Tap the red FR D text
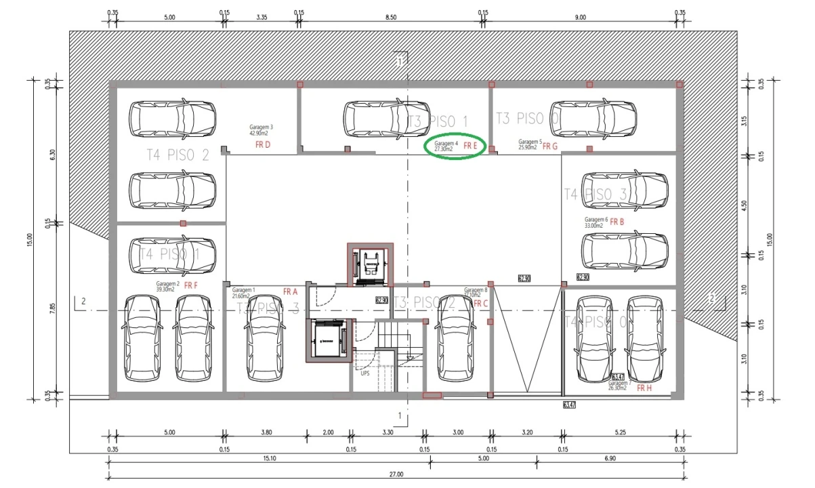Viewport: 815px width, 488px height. pos(262,145)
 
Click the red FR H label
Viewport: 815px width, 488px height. pos(644,388)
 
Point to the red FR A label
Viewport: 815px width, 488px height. pos(290,291)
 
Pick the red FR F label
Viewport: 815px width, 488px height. pos(190,285)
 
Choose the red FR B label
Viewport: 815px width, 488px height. pos(617,222)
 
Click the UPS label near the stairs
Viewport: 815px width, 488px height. pos(364,373)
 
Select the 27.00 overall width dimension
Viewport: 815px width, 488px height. pos(396,474)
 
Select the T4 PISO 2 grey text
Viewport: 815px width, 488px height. pos(177,155)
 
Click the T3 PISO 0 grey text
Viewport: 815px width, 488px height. pos(527,118)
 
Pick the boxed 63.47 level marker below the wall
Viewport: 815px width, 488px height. pos(568,405)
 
